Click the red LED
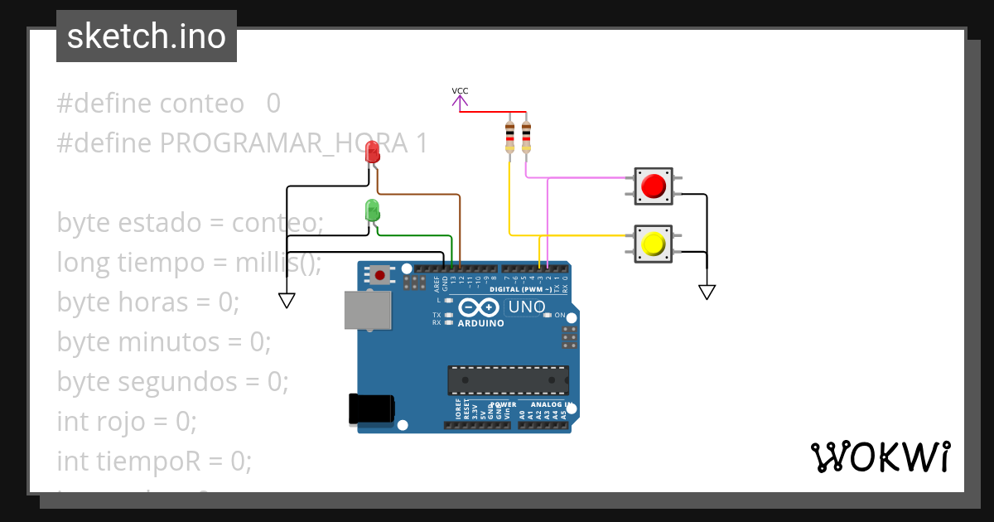373,152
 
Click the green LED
372,210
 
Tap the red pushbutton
654,186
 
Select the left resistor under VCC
509,137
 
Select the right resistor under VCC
526,137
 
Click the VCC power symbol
460,98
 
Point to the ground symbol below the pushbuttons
707,291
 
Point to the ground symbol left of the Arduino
287,300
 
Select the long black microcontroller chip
508,379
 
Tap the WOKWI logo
879,457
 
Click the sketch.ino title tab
147,36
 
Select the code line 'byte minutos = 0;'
164,341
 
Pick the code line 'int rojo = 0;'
127,421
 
